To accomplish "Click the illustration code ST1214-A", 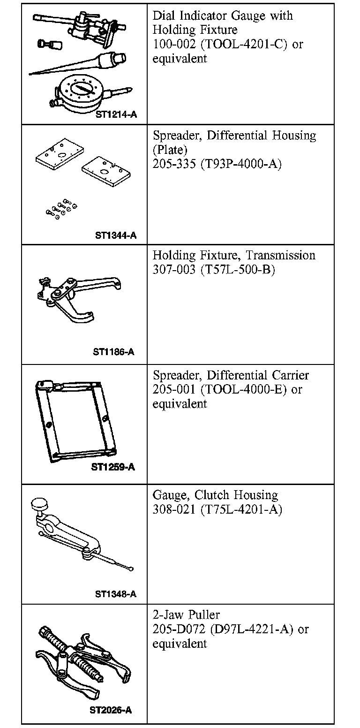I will [x=116, y=114].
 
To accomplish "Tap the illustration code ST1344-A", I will [x=116, y=235].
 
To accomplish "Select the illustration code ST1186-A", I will [x=113, y=352].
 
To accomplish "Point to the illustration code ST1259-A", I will [x=113, y=467].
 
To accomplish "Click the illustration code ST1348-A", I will [x=116, y=594].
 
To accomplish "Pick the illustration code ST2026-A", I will [x=111, y=710].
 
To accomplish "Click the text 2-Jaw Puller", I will [x=186, y=615].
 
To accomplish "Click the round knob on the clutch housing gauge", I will [x=39, y=505].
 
